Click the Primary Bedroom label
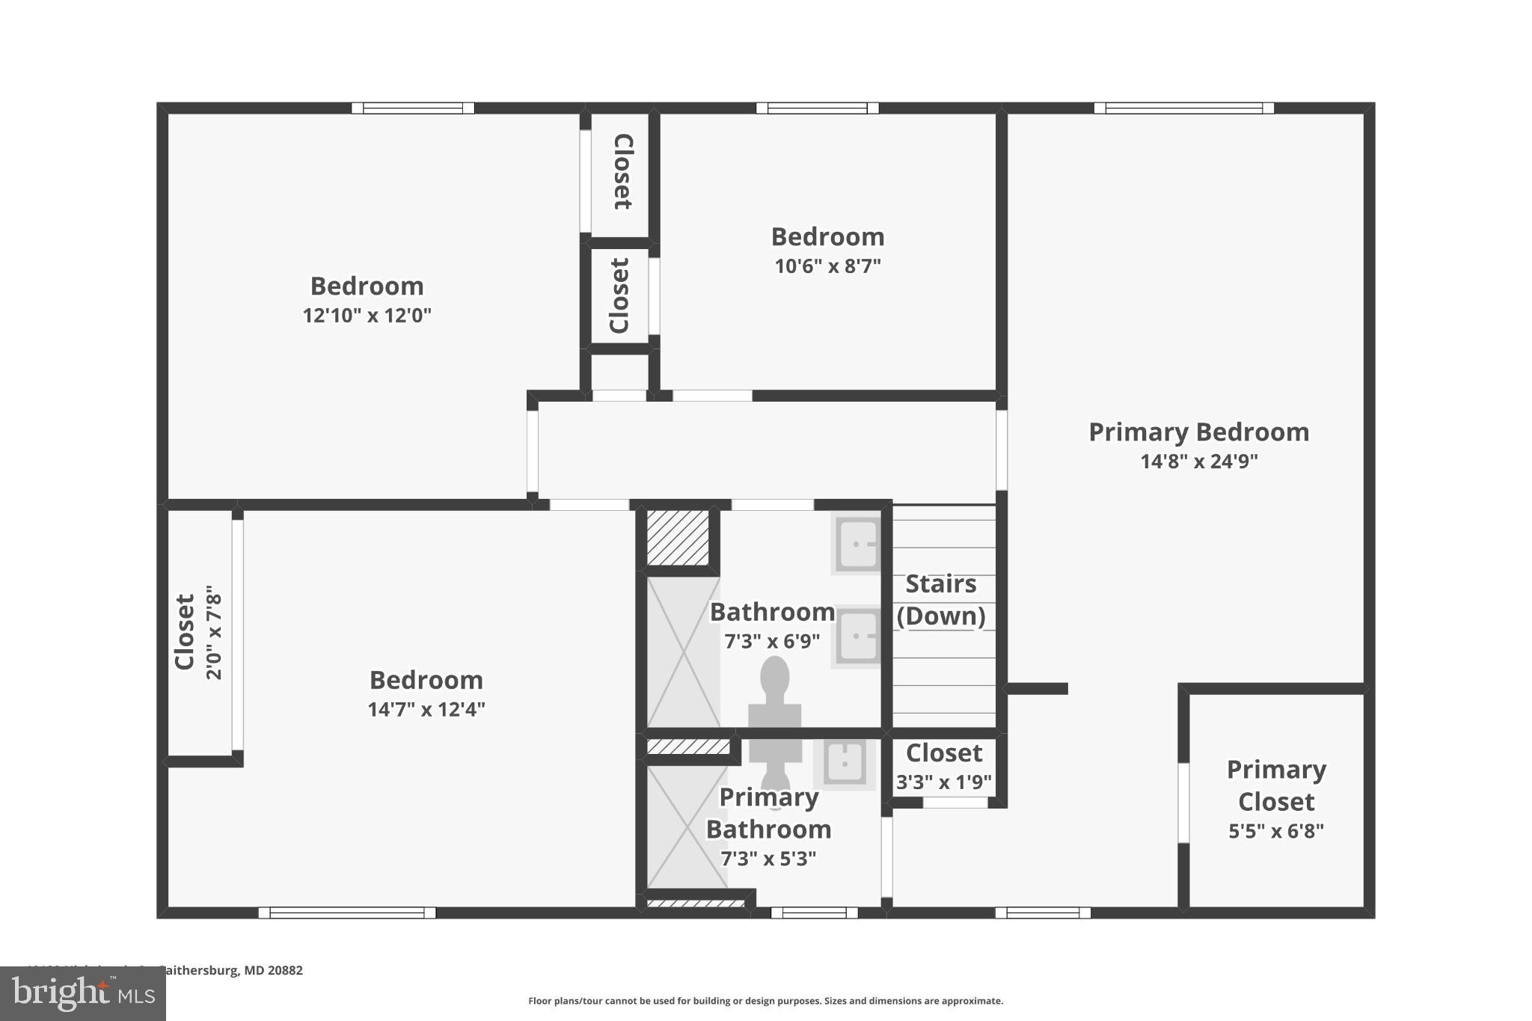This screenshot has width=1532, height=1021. click(1198, 432)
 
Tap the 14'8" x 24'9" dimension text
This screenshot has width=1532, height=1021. click(1198, 462)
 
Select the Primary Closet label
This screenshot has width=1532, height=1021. click(1276, 785)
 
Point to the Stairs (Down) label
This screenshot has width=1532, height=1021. click(941, 600)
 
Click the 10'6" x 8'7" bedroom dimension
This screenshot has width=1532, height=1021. click(827, 266)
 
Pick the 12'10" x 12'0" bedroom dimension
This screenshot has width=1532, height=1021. click(367, 316)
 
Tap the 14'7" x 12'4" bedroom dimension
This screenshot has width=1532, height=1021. click(426, 709)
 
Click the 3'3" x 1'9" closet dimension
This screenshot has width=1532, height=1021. click(944, 782)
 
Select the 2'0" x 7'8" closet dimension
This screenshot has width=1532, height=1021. click(214, 633)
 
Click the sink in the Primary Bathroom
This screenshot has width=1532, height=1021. click(845, 764)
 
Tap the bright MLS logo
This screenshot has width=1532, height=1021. click(83, 993)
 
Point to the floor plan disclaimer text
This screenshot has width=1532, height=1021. click(765, 1001)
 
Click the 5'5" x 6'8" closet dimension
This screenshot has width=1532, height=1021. click(1276, 831)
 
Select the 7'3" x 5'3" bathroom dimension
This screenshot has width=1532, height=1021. click(768, 859)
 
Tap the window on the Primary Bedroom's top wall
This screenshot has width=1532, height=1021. click(1183, 108)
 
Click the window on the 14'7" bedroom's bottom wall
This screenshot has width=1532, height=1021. click(347, 913)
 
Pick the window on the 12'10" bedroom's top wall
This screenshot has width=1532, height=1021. click(413, 108)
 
